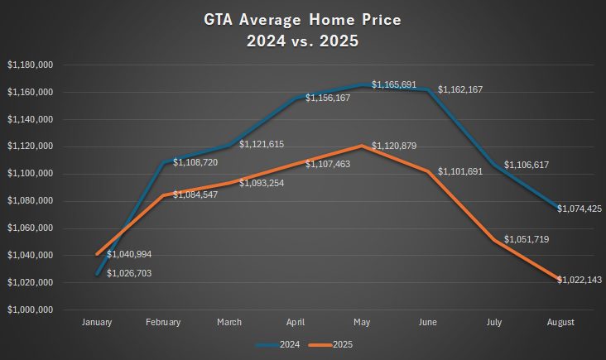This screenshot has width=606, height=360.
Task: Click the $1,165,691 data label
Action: (x=395, y=84)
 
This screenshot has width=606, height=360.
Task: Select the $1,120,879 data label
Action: (x=395, y=146)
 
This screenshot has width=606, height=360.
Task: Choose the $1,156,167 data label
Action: (x=328, y=98)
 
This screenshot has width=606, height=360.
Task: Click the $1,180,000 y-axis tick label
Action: (x=31, y=65)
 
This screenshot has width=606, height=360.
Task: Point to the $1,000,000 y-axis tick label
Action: (x=31, y=310)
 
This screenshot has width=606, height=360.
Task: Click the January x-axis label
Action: (x=97, y=322)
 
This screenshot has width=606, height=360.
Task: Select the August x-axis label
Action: (x=560, y=322)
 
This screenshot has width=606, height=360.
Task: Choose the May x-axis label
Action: (x=362, y=322)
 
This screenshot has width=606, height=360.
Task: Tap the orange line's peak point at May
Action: (x=362, y=146)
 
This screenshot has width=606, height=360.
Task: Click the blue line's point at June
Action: (x=428, y=89)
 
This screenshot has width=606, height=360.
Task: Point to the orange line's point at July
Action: (x=494, y=240)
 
